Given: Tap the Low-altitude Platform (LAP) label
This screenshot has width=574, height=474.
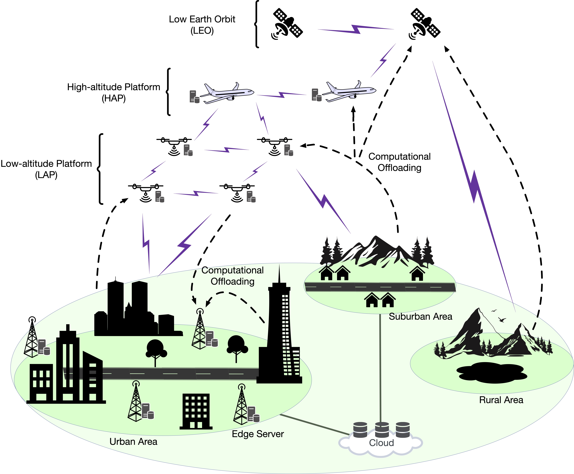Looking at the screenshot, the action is pyautogui.click(x=46, y=169).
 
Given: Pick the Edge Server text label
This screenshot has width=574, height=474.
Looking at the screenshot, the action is pyautogui.click(x=258, y=434).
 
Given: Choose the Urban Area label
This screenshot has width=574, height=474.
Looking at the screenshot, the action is pyautogui.click(x=133, y=442).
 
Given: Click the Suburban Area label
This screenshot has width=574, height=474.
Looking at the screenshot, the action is pyautogui.click(x=420, y=316).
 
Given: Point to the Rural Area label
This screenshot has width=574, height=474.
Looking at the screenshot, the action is pyautogui.click(x=501, y=400).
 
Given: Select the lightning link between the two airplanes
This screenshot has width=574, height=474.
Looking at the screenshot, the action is pyautogui.click(x=282, y=95).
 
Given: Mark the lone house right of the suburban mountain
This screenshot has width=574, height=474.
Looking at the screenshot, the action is pyautogui.click(x=417, y=274).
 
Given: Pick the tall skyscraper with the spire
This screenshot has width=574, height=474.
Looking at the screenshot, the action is pyautogui.click(x=279, y=325).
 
